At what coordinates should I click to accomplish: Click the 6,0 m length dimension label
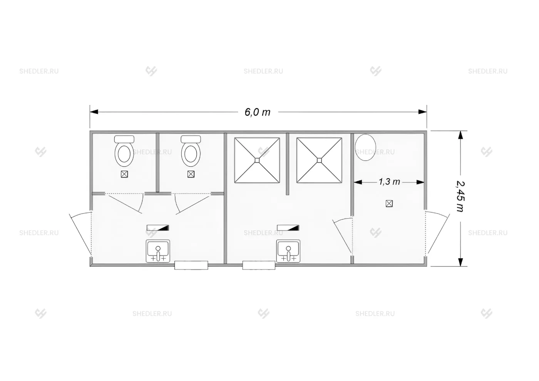[258, 112]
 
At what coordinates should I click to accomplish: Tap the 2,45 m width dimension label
[460, 196]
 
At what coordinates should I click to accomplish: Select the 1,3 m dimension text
[389, 182]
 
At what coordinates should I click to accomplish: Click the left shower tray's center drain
[257, 160]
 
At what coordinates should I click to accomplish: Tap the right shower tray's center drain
[319, 160]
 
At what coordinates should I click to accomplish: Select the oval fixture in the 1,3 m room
[365, 147]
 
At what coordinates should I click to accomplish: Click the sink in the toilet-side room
[158, 251]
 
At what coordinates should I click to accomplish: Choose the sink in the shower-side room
[288, 251]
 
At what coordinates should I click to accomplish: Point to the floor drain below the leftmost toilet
[124, 174]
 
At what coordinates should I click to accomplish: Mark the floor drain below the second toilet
[191, 174]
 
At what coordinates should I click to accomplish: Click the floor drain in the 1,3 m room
[389, 204]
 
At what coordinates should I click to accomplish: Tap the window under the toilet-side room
[191, 265]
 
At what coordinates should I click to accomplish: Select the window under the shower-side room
[259, 265]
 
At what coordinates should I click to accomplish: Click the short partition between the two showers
[288, 164]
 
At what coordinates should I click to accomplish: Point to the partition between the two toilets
[157, 162]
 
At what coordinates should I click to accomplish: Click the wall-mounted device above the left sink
[158, 228]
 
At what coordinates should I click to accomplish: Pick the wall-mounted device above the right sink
[288, 228]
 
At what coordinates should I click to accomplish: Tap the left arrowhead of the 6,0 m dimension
[94, 112]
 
